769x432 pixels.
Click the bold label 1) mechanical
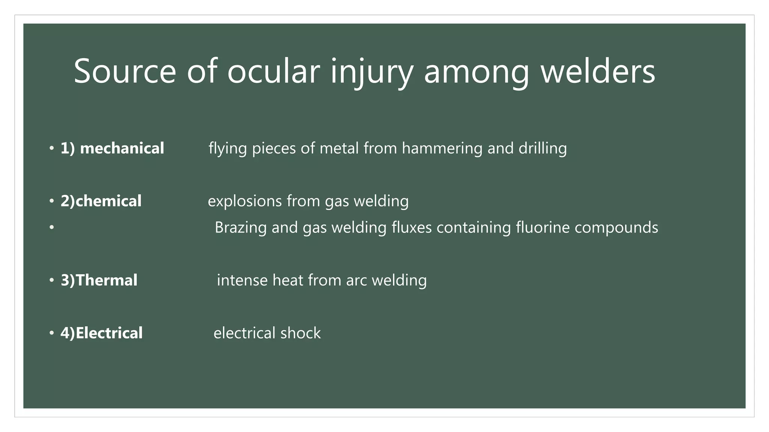(x=112, y=148)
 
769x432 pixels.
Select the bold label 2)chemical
(x=101, y=201)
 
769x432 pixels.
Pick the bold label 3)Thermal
(x=99, y=280)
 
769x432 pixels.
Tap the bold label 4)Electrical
(x=101, y=333)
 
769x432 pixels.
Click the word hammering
(x=442, y=148)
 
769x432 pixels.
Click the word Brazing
(x=240, y=228)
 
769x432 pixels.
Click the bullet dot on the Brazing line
(x=51, y=227)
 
